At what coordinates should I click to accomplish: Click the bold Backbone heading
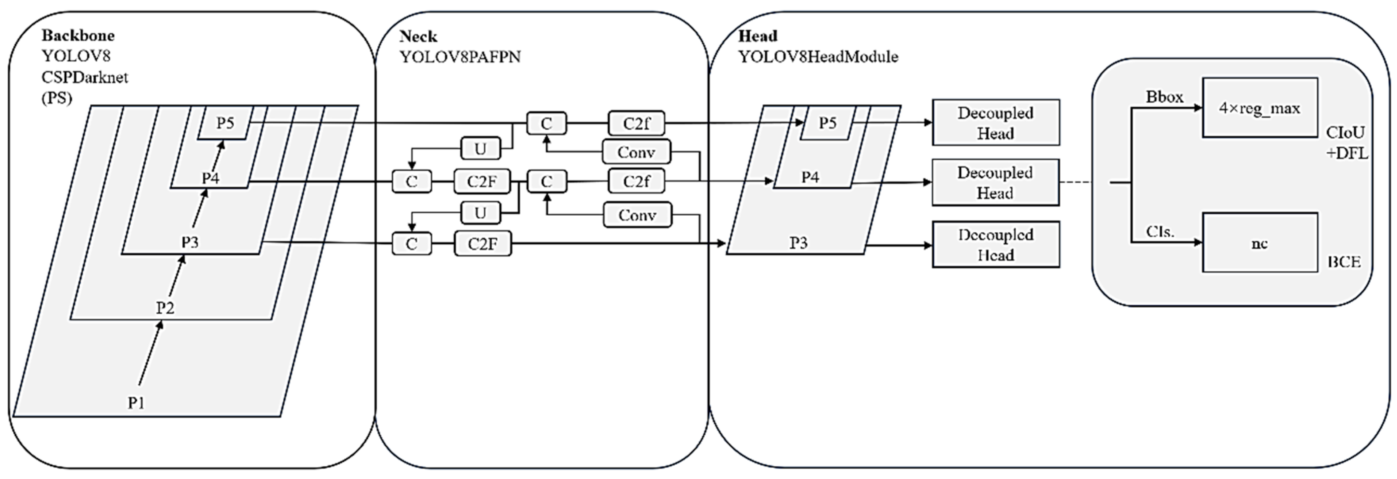(x=78, y=36)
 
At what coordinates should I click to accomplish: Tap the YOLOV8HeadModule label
(x=818, y=56)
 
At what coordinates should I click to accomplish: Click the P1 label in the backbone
(x=136, y=402)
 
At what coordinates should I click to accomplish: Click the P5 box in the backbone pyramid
(x=225, y=123)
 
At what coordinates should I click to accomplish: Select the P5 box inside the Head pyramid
(x=827, y=123)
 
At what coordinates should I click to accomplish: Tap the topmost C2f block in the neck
(x=636, y=124)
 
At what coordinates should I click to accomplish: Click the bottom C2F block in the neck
(x=482, y=244)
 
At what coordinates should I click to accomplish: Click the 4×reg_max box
(x=1259, y=108)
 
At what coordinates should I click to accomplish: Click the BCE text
(x=1344, y=262)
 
